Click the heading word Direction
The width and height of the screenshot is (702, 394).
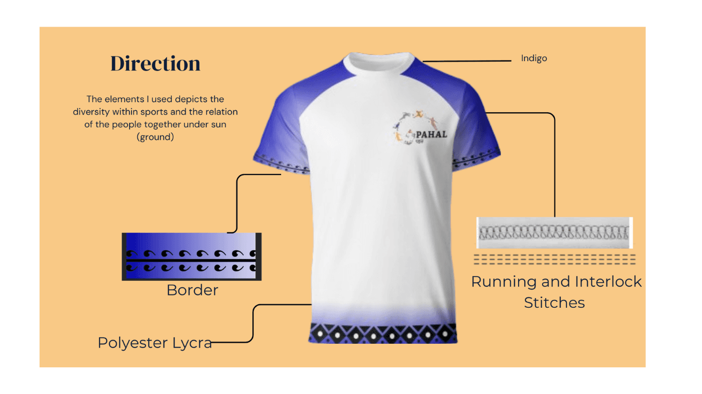(155, 64)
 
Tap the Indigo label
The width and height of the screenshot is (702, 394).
(534, 58)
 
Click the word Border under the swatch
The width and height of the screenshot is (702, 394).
(192, 290)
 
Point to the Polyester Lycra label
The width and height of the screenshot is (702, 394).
(155, 343)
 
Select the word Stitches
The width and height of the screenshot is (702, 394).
(554, 303)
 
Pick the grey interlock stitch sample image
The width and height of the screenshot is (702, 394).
(555, 233)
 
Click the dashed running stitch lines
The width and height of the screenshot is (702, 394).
(555, 260)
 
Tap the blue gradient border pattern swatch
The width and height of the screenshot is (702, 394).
(192, 257)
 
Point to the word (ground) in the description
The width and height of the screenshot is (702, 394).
(155, 137)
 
